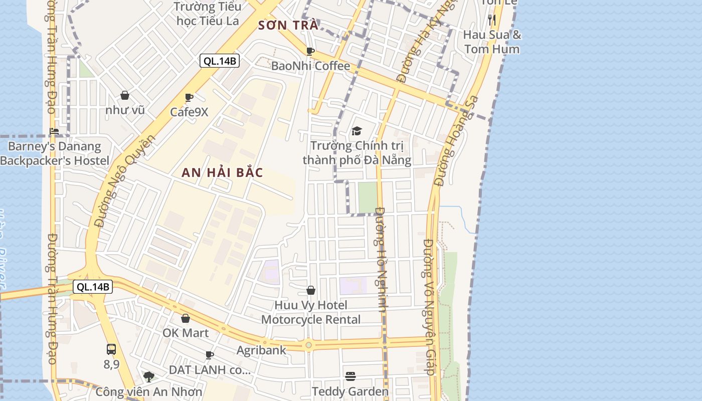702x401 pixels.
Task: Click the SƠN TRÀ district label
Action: click(x=288, y=26)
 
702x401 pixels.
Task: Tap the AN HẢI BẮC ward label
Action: click(x=222, y=172)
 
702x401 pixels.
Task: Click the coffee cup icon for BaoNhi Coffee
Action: click(x=310, y=51)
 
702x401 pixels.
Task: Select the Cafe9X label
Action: click(x=189, y=112)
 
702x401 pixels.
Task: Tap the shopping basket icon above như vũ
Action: click(x=125, y=95)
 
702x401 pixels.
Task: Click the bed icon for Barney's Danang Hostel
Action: click(x=54, y=131)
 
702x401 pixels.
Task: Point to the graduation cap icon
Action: click(x=357, y=131)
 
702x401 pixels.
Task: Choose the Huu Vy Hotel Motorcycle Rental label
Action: click(x=311, y=312)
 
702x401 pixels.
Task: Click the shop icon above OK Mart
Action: click(x=186, y=318)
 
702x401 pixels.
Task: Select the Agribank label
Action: click(x=261, y=350)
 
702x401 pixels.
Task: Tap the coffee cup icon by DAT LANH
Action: click(x=210, y=355)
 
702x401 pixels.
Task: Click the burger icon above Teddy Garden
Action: click(x=350, y=376)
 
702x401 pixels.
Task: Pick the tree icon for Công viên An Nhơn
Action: click(x=148, y=376)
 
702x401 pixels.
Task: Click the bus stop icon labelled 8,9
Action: click(x=111, y=349)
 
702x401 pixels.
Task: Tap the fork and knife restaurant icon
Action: click(x=492, y=20)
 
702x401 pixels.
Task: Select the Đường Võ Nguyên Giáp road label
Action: click(x=429, y=307)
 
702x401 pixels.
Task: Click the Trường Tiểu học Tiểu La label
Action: click(x=208, y=14)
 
